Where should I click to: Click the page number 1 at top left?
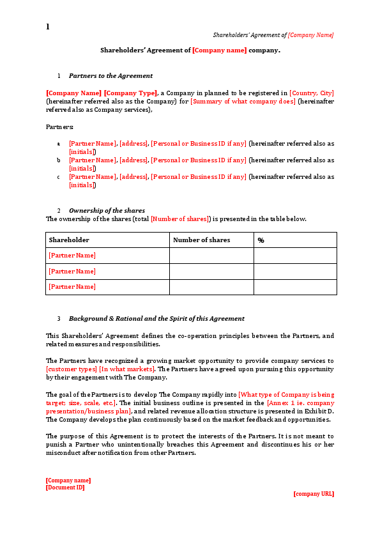[47, 27]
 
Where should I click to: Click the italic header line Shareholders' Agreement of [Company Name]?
[273, 35]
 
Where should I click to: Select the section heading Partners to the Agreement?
[110, 75]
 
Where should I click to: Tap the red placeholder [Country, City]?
[311, 93]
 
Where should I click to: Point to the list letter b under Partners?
[59, 160]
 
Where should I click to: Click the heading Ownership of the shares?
[107, 210]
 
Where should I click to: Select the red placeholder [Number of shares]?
[180, 219]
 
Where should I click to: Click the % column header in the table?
[261, 240]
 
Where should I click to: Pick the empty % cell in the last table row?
[294, 287]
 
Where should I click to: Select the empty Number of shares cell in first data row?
[211, 256]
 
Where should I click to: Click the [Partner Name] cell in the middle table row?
[72, 271]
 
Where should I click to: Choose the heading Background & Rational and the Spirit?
[156, 318]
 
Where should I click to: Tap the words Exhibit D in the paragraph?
[316, 411]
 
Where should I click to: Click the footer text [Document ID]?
[65, 488]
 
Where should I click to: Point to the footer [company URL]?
[314, 494]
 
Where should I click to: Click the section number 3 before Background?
[59, 318]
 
